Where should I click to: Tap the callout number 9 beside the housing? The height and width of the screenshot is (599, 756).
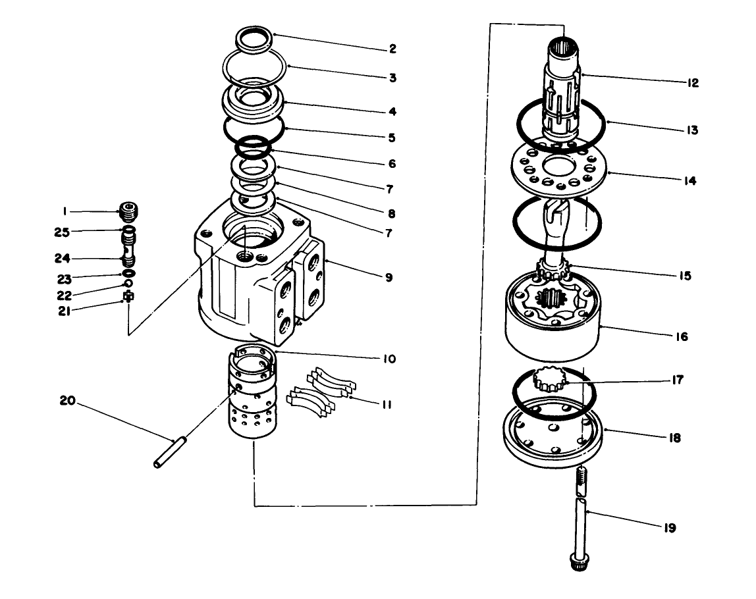[389, 278]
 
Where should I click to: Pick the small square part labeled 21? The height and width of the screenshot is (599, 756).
[128, 296]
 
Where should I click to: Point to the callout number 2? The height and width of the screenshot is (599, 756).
[392, 48]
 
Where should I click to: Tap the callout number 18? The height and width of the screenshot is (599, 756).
[676, 437]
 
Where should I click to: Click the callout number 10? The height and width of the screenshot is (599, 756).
[389, 359]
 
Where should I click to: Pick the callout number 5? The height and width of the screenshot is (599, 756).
[392, 138]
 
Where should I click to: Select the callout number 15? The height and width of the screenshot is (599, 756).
[686, 276]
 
